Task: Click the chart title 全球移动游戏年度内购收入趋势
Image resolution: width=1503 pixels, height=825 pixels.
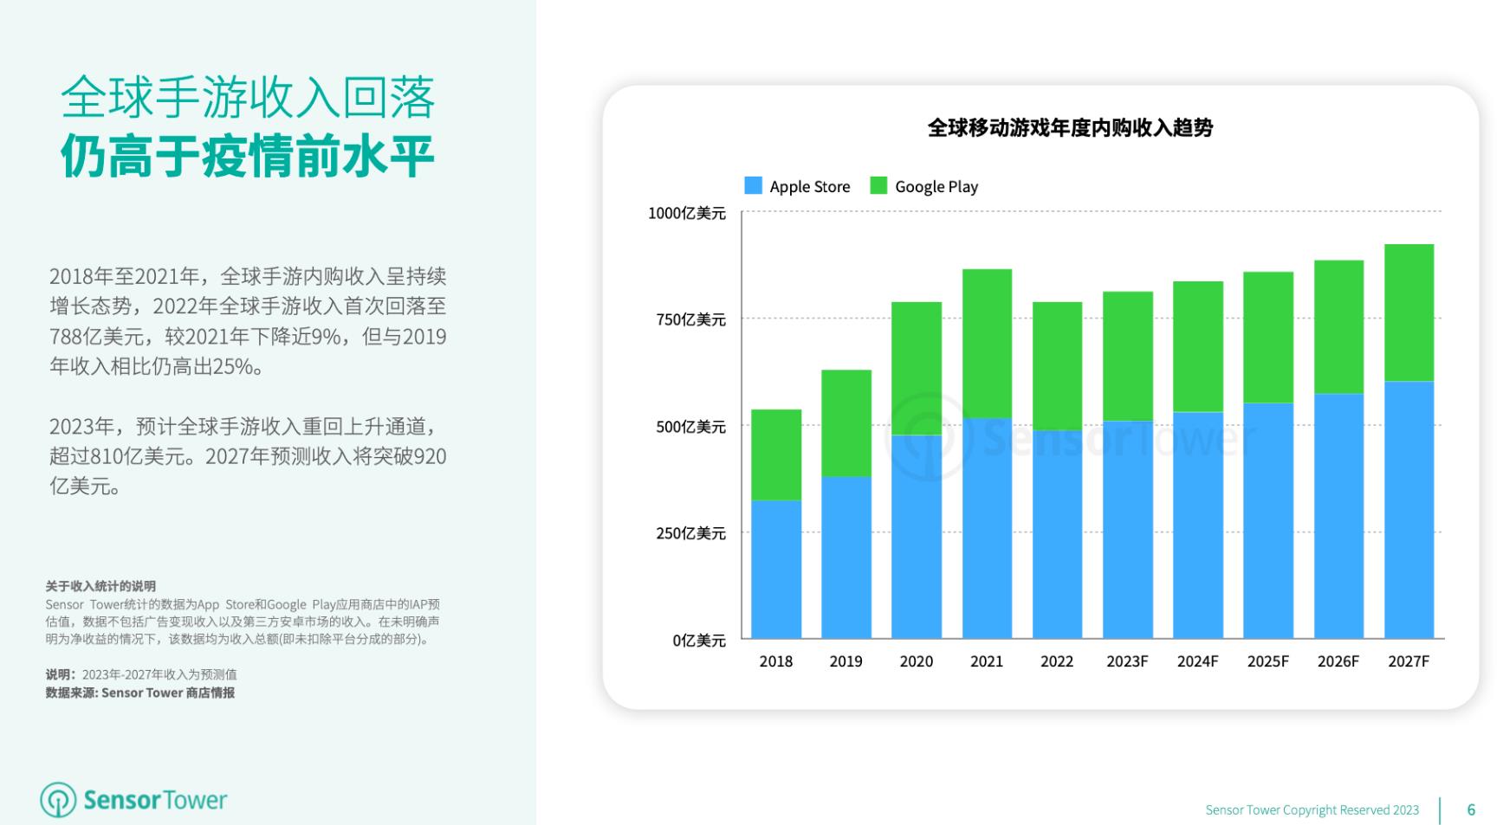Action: [x=1070, y=128]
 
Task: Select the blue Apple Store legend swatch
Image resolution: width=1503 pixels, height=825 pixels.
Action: [x=753, y=185]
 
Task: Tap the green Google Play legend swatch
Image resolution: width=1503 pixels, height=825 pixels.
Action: [x=878, y=185]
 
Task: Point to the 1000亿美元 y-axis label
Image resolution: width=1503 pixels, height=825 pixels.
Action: [x=687, y=213]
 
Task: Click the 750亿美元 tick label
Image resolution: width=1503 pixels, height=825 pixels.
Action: [x=690, y=319]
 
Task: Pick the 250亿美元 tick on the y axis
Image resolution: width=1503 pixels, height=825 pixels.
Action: [x=690, y=533]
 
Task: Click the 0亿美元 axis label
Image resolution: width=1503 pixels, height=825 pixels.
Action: [x=699, y=641]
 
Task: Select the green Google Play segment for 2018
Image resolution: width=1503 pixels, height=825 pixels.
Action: [x=776, y=454]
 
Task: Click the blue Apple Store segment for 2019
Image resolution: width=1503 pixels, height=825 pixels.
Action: [x=846, y=558]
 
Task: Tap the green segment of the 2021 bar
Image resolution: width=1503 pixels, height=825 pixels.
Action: [x=987, y=344]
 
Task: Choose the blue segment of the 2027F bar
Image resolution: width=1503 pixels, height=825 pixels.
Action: [x=1409, y=510]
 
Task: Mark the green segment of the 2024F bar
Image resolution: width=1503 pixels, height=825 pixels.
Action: [x=1198, y=346]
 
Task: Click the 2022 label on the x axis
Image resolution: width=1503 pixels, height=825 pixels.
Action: [x=1057, y=661]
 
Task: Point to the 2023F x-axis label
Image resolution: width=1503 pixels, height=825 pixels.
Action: [x=1127, y=661]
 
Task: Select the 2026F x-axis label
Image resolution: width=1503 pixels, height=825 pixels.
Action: [x=1338, y=661]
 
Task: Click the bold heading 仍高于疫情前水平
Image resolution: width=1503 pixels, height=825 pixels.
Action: [x=248, y=156]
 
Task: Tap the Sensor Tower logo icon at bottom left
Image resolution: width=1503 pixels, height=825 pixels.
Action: [x=59, y=800]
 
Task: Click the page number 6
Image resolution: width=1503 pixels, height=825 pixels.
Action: [x=1471, y=809]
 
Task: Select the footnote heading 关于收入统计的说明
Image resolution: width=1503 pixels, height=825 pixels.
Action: [x=100, y=586]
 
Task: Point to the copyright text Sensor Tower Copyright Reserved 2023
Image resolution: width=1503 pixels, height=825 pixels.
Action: [x=1312, y=810]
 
